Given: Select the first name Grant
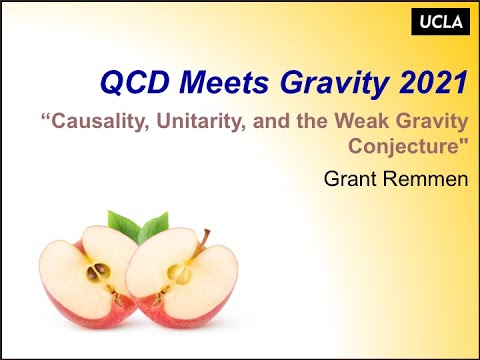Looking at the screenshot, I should tap(349, 180).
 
